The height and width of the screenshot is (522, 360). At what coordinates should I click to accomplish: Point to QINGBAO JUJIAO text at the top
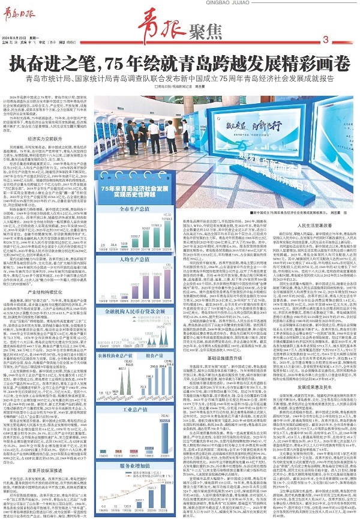pos(179,5)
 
